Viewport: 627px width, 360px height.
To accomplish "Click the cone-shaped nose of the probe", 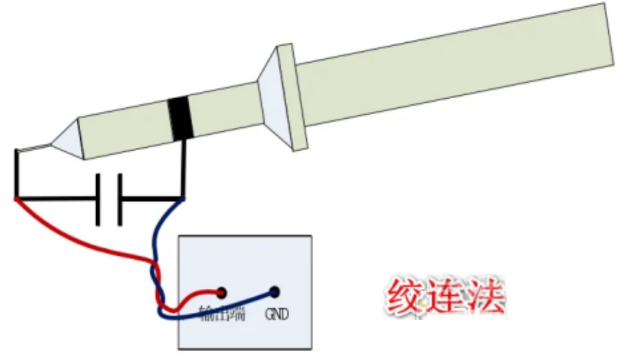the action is (67, 140).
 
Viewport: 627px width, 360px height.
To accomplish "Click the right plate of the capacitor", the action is (120, 200).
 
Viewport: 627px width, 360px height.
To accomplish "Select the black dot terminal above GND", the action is (274, 292).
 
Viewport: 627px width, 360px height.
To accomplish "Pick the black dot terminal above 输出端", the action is (222, 292).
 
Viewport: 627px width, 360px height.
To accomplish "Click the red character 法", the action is (486, 299).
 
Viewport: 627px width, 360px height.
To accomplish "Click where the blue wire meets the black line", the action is (183, 199).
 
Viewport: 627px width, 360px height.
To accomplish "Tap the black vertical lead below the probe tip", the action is (16, 173).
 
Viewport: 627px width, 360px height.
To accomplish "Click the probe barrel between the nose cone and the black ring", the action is (124, 129).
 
